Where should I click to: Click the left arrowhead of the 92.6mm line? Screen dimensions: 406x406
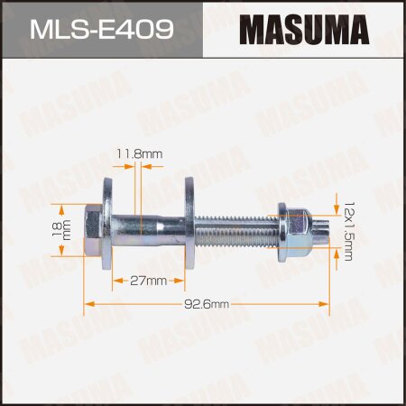click(88, 305)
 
